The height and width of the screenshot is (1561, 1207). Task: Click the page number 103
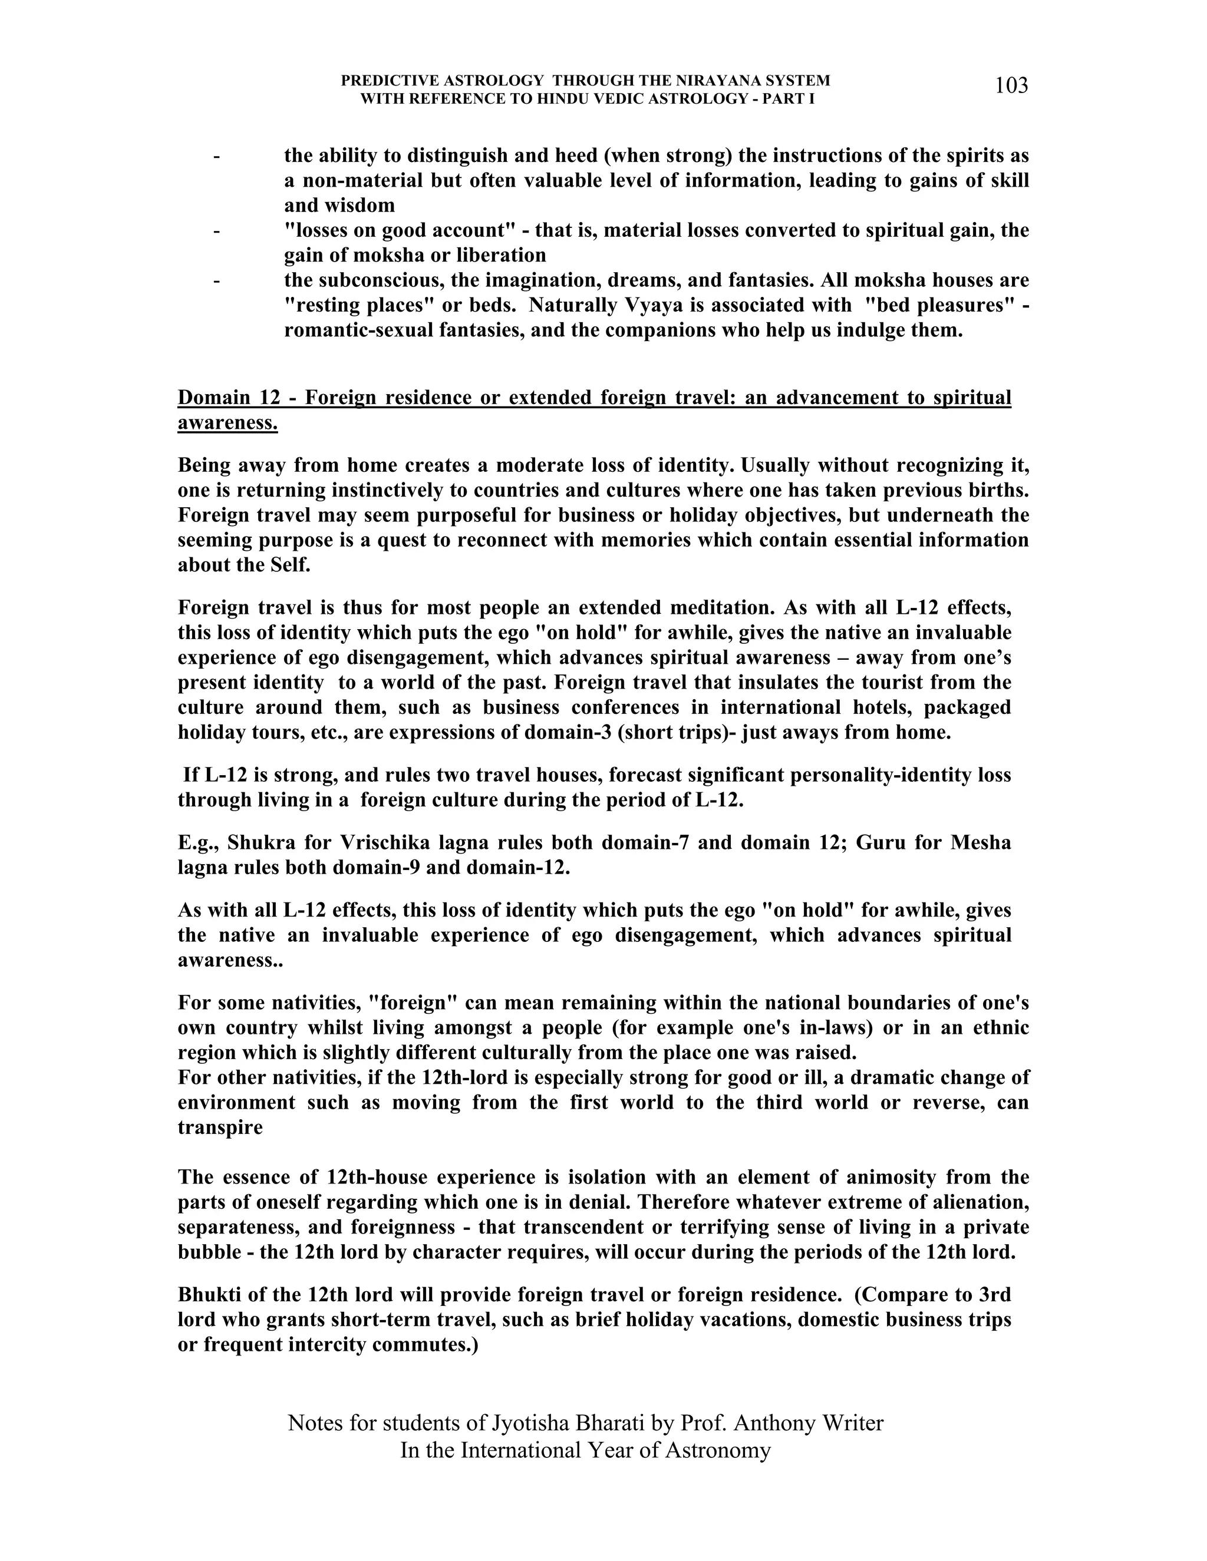click(x=1011, y=86)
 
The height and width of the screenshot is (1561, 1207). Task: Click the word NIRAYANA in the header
click(x=688, y=81)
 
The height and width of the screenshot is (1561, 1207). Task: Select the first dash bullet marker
click(x=216, y=156)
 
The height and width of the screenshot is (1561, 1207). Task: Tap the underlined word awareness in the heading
click(x=227, y=422)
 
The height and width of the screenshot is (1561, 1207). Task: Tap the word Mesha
click(x=980, y=843)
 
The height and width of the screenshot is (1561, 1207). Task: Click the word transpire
click(x=220, y=1128)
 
